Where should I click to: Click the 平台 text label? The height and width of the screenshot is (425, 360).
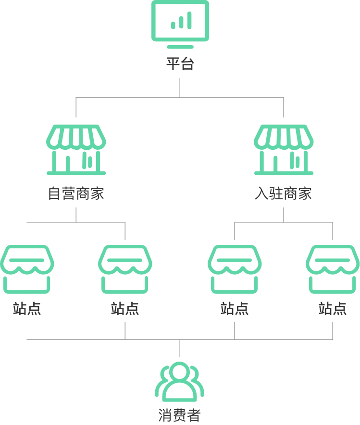tap(180, 64)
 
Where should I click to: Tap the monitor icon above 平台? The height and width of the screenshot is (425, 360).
tap(180, 24)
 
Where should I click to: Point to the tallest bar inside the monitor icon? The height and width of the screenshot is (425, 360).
tap(189, 20)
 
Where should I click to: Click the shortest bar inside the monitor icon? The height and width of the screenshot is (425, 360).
tap(173, 25)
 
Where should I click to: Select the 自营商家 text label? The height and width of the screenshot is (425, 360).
tap(76, 193)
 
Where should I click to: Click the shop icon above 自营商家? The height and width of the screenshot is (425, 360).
tap(76, 150)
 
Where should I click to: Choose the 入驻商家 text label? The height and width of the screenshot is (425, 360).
tap(284, 193)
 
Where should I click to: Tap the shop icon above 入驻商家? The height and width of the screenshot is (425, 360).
tap(284, 150)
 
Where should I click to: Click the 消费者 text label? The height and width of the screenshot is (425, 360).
tap(180, 415)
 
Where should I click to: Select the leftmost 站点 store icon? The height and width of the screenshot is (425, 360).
tap(27, 269)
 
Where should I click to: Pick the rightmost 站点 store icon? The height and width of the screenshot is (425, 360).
tap(333, 269)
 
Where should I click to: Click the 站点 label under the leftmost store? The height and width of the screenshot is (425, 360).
tap(27, 308)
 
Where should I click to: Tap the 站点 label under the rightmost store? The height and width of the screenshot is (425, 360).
tap(333, 308)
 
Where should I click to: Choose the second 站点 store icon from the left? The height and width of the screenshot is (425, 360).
tap(125, 269)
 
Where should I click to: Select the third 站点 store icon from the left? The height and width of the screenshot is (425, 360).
tap(235, 269)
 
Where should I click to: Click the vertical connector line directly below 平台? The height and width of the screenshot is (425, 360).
tap(180, 87)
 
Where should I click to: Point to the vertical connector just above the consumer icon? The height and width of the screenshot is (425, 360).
tap(180, 348)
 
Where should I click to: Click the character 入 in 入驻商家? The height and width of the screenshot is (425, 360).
tap(262, 193)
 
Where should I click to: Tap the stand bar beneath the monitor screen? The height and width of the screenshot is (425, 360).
tap(180, 47)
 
